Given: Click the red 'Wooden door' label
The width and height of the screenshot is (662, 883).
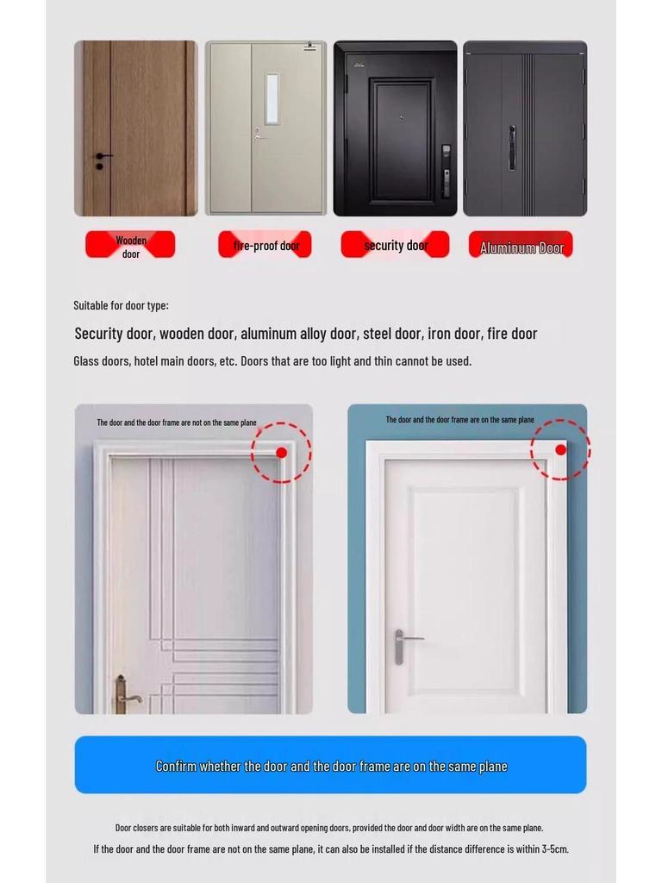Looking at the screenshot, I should (x=130, y=245).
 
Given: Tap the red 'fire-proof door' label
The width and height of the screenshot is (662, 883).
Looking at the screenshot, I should (x=265, y=245).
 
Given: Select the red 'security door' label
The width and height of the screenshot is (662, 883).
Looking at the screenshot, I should (x=395, y=245).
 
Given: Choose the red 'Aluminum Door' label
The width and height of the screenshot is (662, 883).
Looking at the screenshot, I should (x=521, y=247).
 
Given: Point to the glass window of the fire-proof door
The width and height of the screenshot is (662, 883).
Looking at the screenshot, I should (x=272, y=98).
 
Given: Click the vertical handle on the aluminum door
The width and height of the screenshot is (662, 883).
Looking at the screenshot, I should (x=511, y=147).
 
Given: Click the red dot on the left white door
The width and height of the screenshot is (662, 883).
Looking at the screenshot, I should (x=281, y=453).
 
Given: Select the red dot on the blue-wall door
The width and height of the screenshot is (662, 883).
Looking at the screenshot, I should (x=560, y=450).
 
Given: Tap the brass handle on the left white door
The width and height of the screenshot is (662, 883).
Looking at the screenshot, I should (x=123, y=694).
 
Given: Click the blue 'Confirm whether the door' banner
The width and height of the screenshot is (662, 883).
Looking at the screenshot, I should (x=330, y=765).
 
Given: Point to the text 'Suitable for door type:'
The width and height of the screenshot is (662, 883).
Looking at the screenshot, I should (x=121, y=305).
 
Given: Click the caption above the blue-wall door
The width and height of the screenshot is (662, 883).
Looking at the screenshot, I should (x=459, y=420).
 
